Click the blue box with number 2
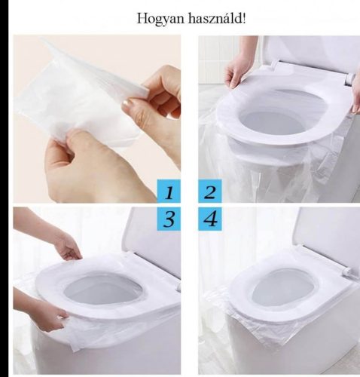coord(210,192)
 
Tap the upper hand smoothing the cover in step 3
coord(68,245)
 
